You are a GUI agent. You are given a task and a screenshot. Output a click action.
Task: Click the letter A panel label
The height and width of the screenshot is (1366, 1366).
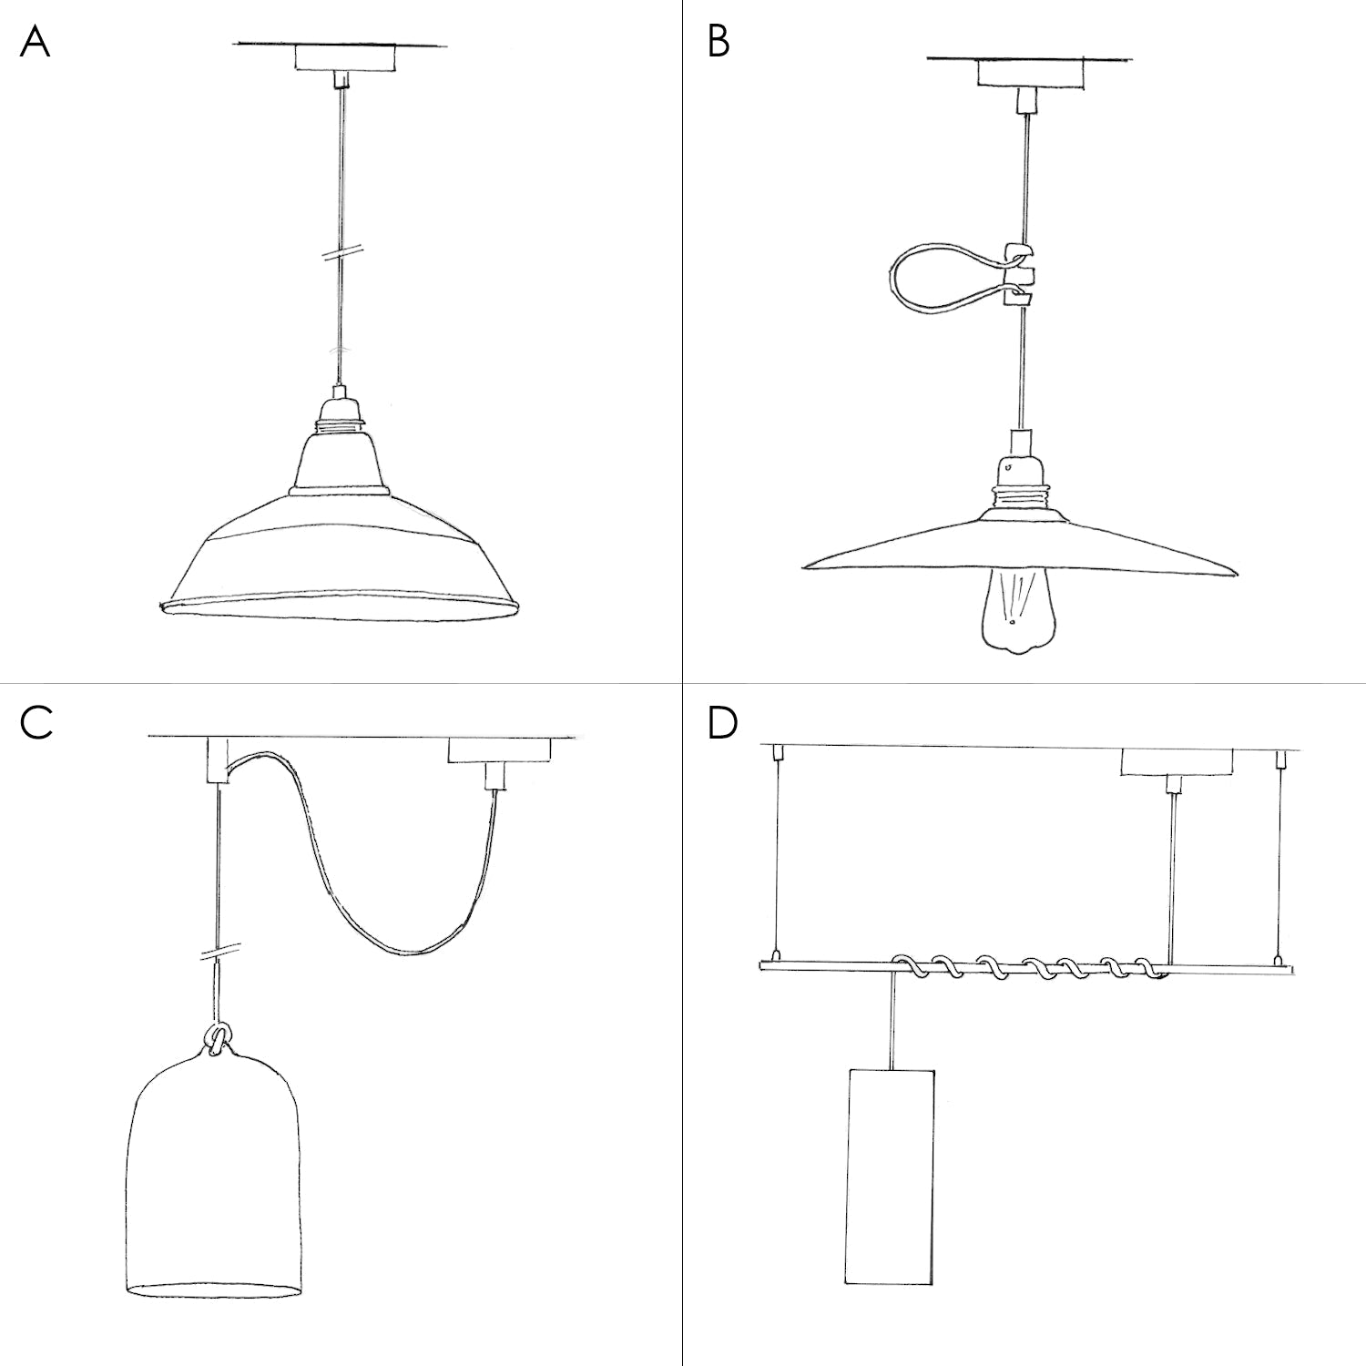[35, 43]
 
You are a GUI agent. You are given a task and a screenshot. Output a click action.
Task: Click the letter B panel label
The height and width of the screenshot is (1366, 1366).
[719, 43]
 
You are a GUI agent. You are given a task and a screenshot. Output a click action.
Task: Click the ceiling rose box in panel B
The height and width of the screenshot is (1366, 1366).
[1031, 74]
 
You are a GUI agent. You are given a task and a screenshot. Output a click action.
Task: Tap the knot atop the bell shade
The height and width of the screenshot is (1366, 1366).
[219, 1039]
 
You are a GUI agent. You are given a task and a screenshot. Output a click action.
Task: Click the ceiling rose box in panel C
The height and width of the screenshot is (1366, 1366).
[499, 750]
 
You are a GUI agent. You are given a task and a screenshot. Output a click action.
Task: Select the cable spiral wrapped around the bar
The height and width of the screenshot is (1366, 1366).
[1029, 966]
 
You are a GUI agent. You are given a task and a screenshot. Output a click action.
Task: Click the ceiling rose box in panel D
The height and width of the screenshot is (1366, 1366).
[1175, 763]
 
